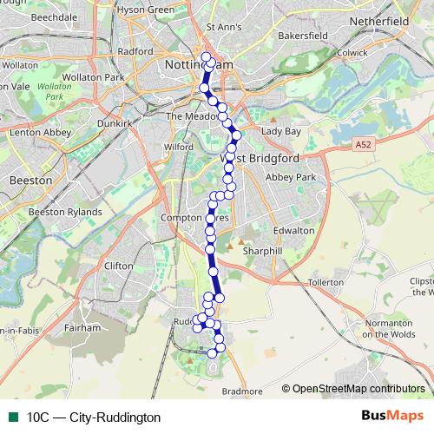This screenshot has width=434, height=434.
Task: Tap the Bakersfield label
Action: pos(299,36)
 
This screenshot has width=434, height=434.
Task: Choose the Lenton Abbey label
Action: pos(34,133)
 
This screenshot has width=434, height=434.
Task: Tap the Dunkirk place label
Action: pos(115,124)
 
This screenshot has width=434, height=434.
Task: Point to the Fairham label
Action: pos(82,329)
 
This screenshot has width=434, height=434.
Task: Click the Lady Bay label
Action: pos(281,131)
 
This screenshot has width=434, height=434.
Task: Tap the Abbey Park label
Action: pos(290,176)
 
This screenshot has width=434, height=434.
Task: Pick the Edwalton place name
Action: pos(293,230)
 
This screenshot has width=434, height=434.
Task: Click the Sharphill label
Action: pos(263,251)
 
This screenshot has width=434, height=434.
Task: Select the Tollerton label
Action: pos(326,283)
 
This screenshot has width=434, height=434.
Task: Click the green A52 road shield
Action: pos(364,148)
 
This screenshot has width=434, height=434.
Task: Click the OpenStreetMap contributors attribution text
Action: pos(358,389)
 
